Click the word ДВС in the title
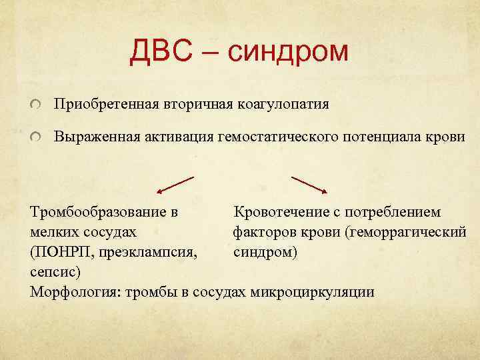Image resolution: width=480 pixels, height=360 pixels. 163,51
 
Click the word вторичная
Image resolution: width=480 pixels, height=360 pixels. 189,105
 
